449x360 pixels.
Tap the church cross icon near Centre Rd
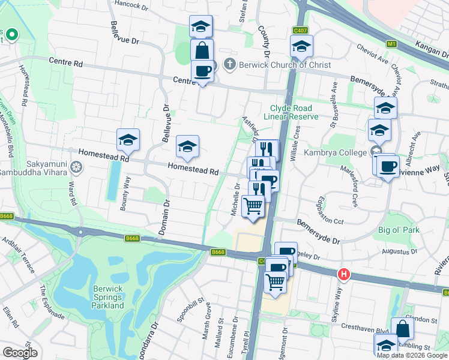point(229,64)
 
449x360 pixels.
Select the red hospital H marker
point(344,274)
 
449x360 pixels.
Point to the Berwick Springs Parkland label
point(109,297)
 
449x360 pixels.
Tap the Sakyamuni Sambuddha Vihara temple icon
point(76,166)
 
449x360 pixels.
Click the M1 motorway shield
point(392,44)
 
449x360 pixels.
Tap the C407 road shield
point(300,30)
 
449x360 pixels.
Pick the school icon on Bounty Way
point(128,140)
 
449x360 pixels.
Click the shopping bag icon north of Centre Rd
point(202,50)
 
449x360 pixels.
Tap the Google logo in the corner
point(20,353)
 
